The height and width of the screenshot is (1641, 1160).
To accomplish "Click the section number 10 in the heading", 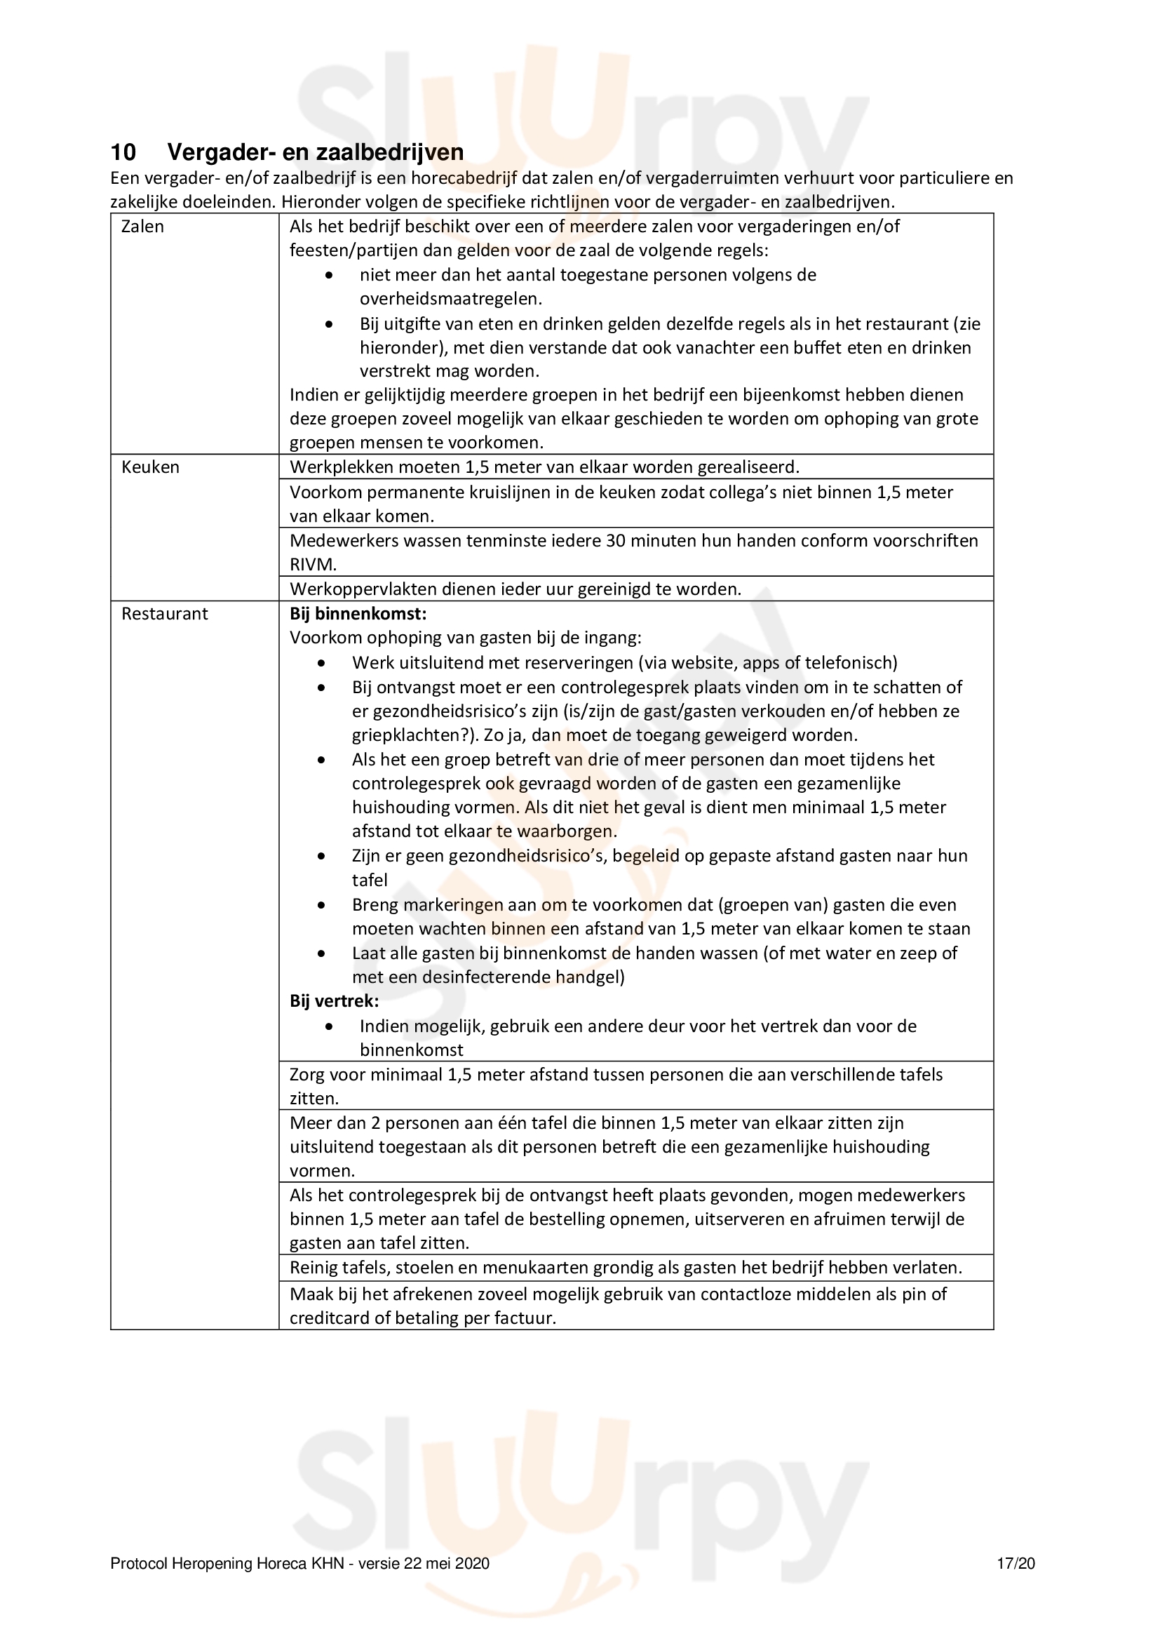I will pyautogui.click(x=123, y=152).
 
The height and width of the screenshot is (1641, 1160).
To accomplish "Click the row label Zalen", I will pyautogui.click(x=143, y=227).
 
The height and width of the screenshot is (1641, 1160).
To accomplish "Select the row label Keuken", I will pyautogui.click(x=150, y=467).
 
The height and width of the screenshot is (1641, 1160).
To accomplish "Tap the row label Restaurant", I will pyautogui.click(x=164, y=614).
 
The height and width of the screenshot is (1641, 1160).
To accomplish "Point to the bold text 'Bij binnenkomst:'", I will pyautogui.click(x=358, y=614).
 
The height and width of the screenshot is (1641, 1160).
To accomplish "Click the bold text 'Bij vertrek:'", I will pyautogui.click(x=335, y=1001).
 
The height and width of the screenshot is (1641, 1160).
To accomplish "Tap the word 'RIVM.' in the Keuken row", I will pyautogui.click(x=313, y=565).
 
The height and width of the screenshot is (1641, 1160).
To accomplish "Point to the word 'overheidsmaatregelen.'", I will pyautogui.click(x=451, y=299).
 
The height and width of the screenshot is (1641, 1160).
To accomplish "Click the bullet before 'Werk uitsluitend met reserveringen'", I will pyautogui.click(x=322, y=663).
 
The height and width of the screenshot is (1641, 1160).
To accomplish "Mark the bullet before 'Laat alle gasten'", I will pyautogui.click(x=322, y=954).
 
